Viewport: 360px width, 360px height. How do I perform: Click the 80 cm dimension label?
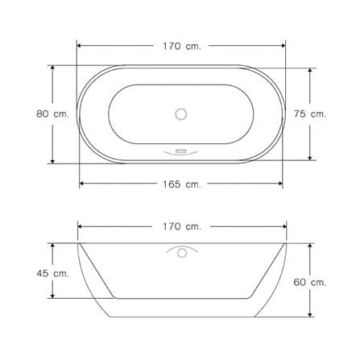point(52,114)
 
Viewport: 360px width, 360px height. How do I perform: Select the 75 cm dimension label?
point(310,114)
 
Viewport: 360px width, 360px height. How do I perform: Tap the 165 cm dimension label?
point(182,184)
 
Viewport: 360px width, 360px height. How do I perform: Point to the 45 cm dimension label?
point(52,274)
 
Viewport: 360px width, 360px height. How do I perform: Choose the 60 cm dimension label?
point(310,283)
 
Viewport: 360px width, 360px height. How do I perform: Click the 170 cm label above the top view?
point(182,46)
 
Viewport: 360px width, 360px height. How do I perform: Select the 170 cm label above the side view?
point(182,227)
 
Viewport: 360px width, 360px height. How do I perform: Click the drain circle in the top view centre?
point(181,114)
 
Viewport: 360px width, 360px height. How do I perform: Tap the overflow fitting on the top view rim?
point(180,152)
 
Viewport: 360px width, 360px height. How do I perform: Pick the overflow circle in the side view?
point(182,253)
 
